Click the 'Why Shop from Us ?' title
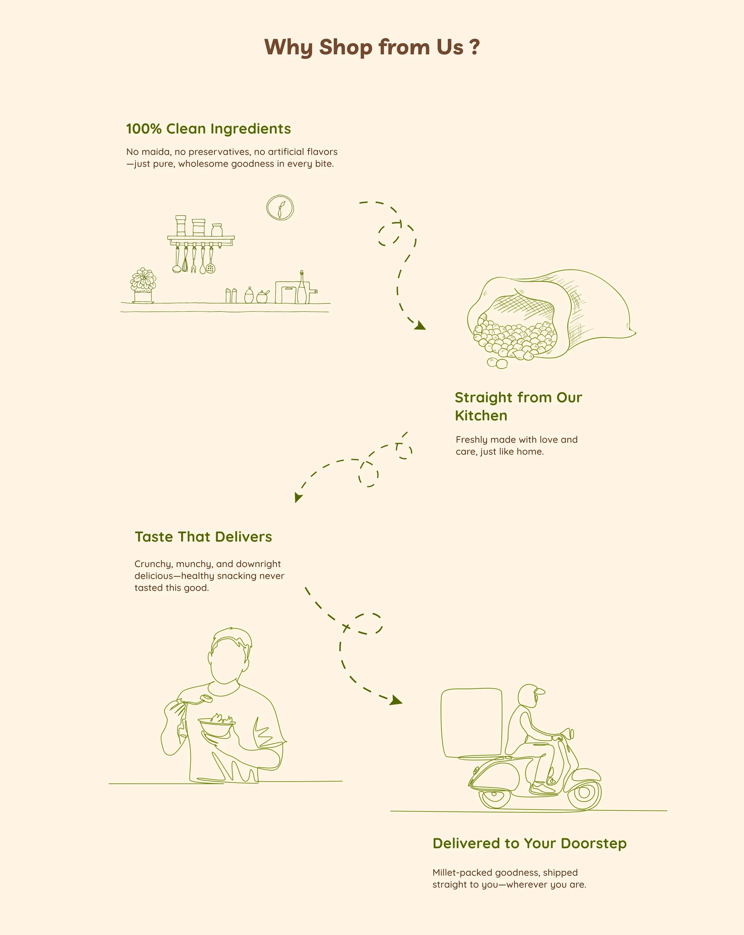372,47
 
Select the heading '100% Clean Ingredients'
208,129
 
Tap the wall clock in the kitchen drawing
280,208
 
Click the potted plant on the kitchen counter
143,285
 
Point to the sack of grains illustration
551,319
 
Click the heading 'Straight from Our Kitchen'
518,406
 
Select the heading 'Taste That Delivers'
203,537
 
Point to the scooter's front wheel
584,793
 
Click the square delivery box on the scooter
471,722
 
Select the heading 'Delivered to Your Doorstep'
529,844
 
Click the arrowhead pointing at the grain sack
420,326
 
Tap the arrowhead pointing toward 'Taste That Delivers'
298,497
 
